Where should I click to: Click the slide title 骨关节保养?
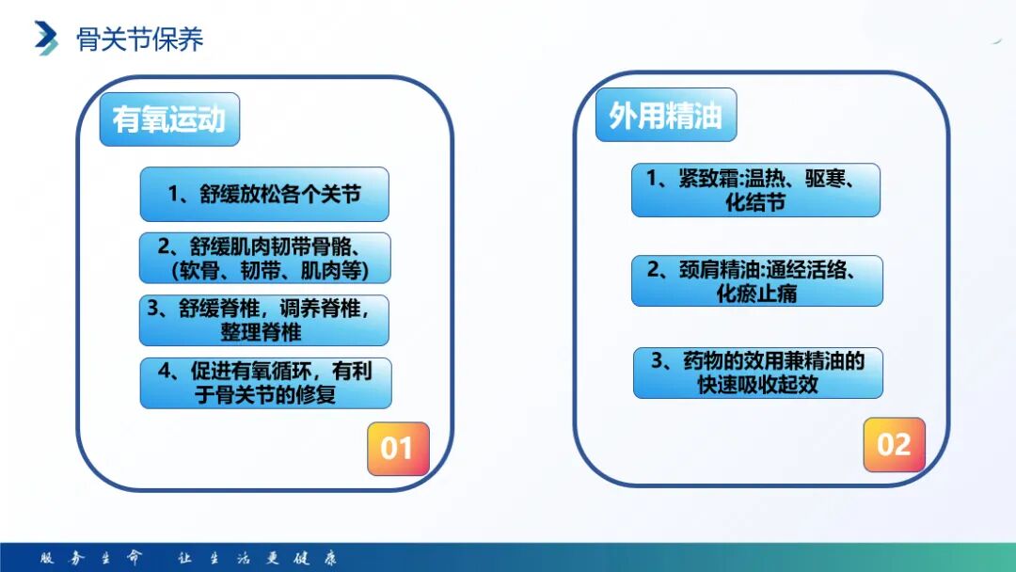point(139,39)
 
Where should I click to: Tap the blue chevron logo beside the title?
point(46,38)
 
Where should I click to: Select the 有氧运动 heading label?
point(169,119)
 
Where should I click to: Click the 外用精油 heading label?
point(665,116)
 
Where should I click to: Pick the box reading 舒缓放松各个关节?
point(264,195)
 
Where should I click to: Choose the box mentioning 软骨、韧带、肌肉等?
point(264,258)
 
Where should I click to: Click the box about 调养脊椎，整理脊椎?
point(264,321)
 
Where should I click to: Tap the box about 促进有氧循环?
point(265,383)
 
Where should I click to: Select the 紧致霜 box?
point(755,190)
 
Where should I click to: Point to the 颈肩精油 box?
point(756,281)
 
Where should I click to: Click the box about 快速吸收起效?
point(757,373)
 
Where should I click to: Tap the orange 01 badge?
point(397,448)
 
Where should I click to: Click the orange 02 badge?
point(894,444)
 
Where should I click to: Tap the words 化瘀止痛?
point(756,294)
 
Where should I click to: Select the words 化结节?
point(755,202)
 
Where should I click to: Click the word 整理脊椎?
point(261,332)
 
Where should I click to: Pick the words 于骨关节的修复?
point(265,395)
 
